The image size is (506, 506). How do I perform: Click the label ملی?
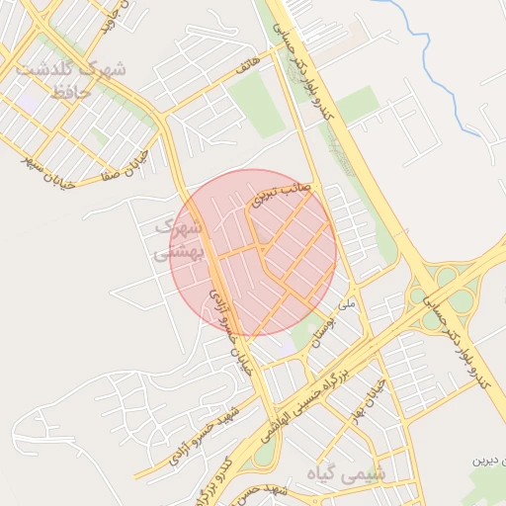click(x=346, y=304)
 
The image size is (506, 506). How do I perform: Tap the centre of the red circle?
click(x=254, y=252)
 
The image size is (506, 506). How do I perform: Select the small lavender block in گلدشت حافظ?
click(x=26, y=100)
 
